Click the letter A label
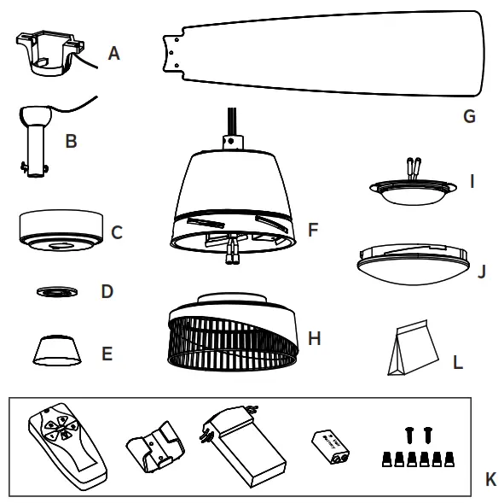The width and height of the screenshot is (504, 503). click(x=114, y=53)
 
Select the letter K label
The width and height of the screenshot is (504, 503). click(x=490, y=480)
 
